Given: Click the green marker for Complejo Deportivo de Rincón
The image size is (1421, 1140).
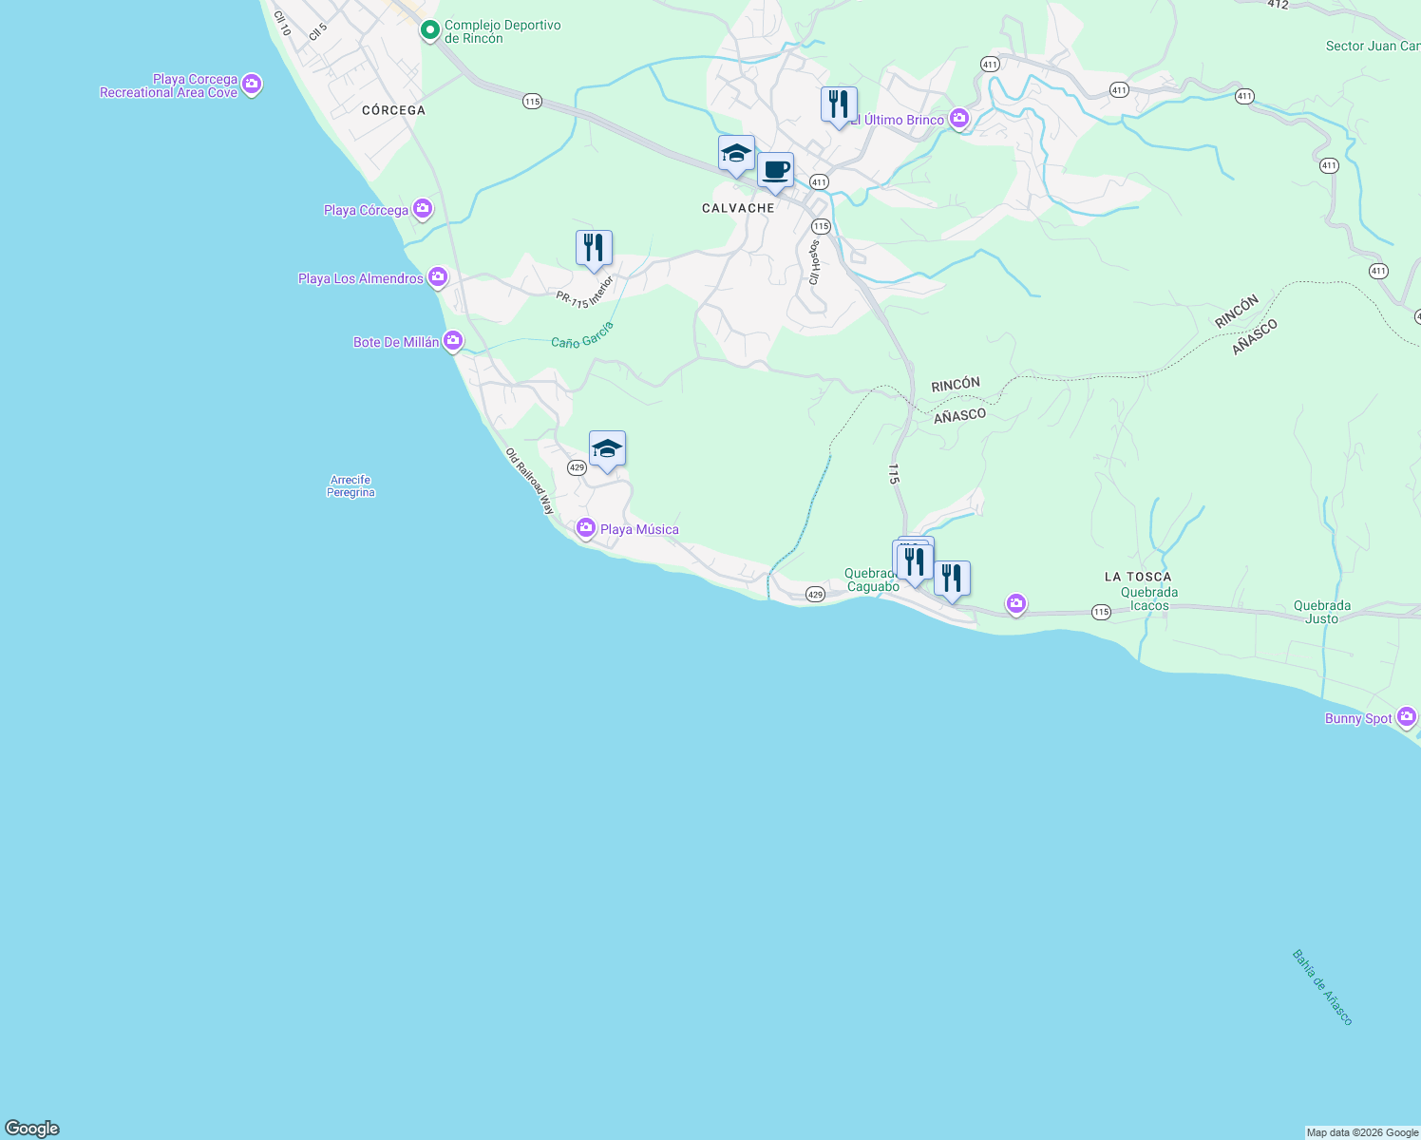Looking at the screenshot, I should point(430,31).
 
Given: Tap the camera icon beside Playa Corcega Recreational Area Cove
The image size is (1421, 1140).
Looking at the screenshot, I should point(252,85).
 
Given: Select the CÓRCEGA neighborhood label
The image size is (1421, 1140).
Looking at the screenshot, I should point(393,110).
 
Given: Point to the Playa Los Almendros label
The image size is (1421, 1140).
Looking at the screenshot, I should point(361,278).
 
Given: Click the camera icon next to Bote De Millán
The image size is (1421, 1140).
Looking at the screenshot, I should point(453,340).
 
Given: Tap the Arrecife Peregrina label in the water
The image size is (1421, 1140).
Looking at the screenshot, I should point(351,486).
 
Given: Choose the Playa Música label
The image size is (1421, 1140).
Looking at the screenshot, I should point(639,529).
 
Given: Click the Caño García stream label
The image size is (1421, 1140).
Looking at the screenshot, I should point(582,335).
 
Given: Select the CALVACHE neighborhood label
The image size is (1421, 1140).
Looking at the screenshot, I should point(738,208).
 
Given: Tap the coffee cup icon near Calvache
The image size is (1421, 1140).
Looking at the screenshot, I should point(775,171).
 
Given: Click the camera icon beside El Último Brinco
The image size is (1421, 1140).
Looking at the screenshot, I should point(959,119).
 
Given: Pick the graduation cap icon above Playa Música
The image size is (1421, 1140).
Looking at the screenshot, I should point(607,449).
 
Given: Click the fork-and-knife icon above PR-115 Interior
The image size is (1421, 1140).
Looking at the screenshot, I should point(594,249).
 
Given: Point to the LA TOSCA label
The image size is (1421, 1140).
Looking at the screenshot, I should point(1138,577).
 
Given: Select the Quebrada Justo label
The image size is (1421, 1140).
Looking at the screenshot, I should point(1321,612).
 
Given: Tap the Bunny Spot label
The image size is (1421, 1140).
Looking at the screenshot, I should point(1358,718).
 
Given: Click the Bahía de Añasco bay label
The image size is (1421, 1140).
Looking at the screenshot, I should point(1321,987).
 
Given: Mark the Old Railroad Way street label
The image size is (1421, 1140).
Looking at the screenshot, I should point(529,482).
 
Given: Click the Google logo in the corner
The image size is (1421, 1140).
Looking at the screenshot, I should point(32,1129).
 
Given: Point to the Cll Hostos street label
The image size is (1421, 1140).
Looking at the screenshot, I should point(814,262).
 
